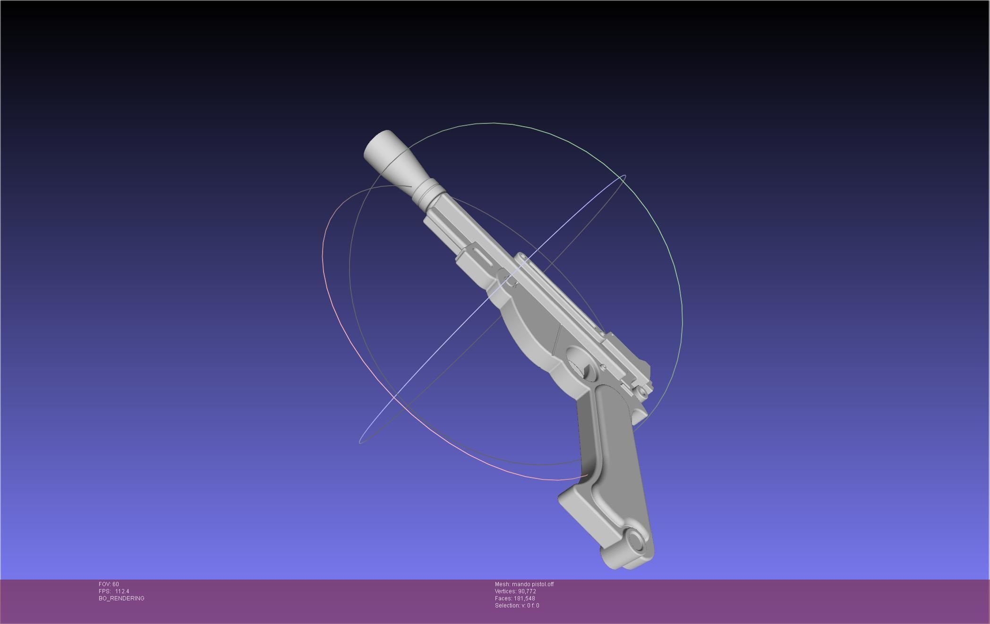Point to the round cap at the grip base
pos(635,541)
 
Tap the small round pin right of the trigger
pos(603,367)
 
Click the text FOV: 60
pos(109,584)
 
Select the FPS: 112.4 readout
pos(114,591)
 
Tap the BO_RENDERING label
pos(121,598)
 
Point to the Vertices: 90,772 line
pos(515,591)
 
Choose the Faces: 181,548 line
pos(515,598)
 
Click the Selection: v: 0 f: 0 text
pos(517,606)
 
